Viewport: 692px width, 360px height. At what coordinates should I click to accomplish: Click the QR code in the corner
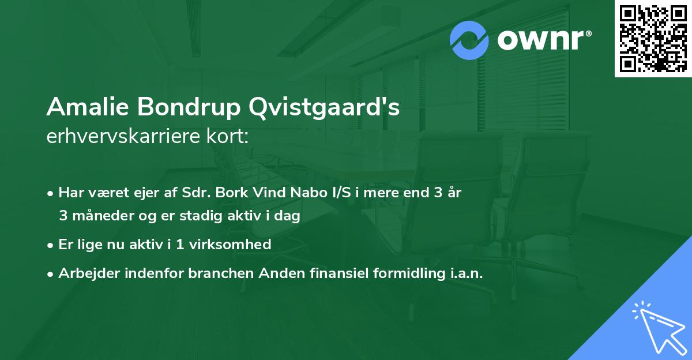click(653, 38)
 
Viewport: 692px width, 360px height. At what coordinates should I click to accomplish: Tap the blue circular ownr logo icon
click(469, 40)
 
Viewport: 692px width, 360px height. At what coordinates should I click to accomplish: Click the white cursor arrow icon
click(660, 329)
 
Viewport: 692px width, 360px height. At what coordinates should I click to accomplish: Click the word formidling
click(403, 273)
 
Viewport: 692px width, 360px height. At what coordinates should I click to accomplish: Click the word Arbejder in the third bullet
click(84, 273)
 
